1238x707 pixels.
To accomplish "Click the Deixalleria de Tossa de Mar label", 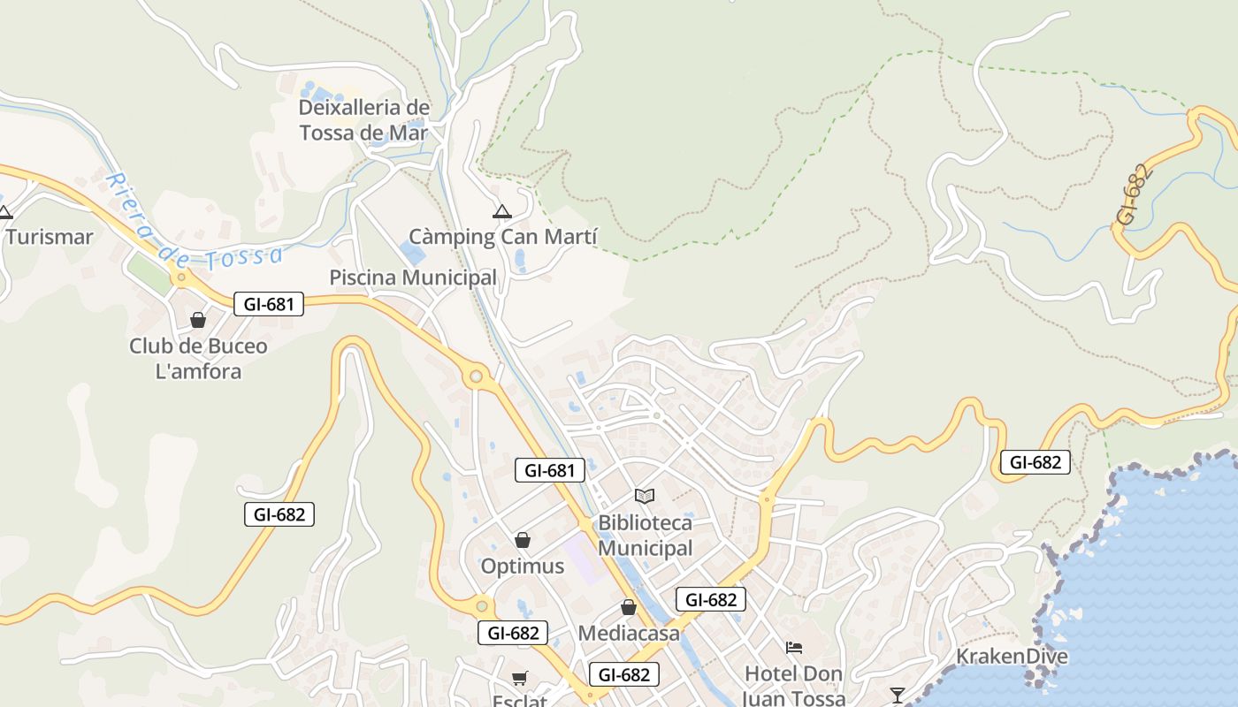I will point(363,121).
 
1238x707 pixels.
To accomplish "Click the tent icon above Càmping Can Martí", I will point(502,211).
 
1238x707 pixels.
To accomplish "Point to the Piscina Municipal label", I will point(413,277).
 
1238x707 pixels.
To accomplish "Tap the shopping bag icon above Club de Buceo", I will point(198,320).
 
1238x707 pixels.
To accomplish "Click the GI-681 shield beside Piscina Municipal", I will point(269,305).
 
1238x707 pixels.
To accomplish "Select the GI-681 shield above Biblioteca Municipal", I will point(550,470).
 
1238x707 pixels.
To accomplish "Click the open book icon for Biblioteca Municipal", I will point(645,497).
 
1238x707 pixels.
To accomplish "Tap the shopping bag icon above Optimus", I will point(523,540).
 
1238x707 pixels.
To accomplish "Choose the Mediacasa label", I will point(629,634).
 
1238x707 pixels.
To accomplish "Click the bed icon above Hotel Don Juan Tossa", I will point(794,648).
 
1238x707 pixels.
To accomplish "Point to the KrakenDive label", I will point(1012,657).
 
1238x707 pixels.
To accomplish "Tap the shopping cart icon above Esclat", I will point(520,679).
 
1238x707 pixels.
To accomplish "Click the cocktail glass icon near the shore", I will point(898,695).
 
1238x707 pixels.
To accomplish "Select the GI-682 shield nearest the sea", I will point(1035,462).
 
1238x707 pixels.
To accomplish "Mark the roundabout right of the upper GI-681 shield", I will point(477,377).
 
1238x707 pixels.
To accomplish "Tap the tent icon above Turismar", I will point(5,211).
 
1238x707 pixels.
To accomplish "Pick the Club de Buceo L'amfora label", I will point(198,358).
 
